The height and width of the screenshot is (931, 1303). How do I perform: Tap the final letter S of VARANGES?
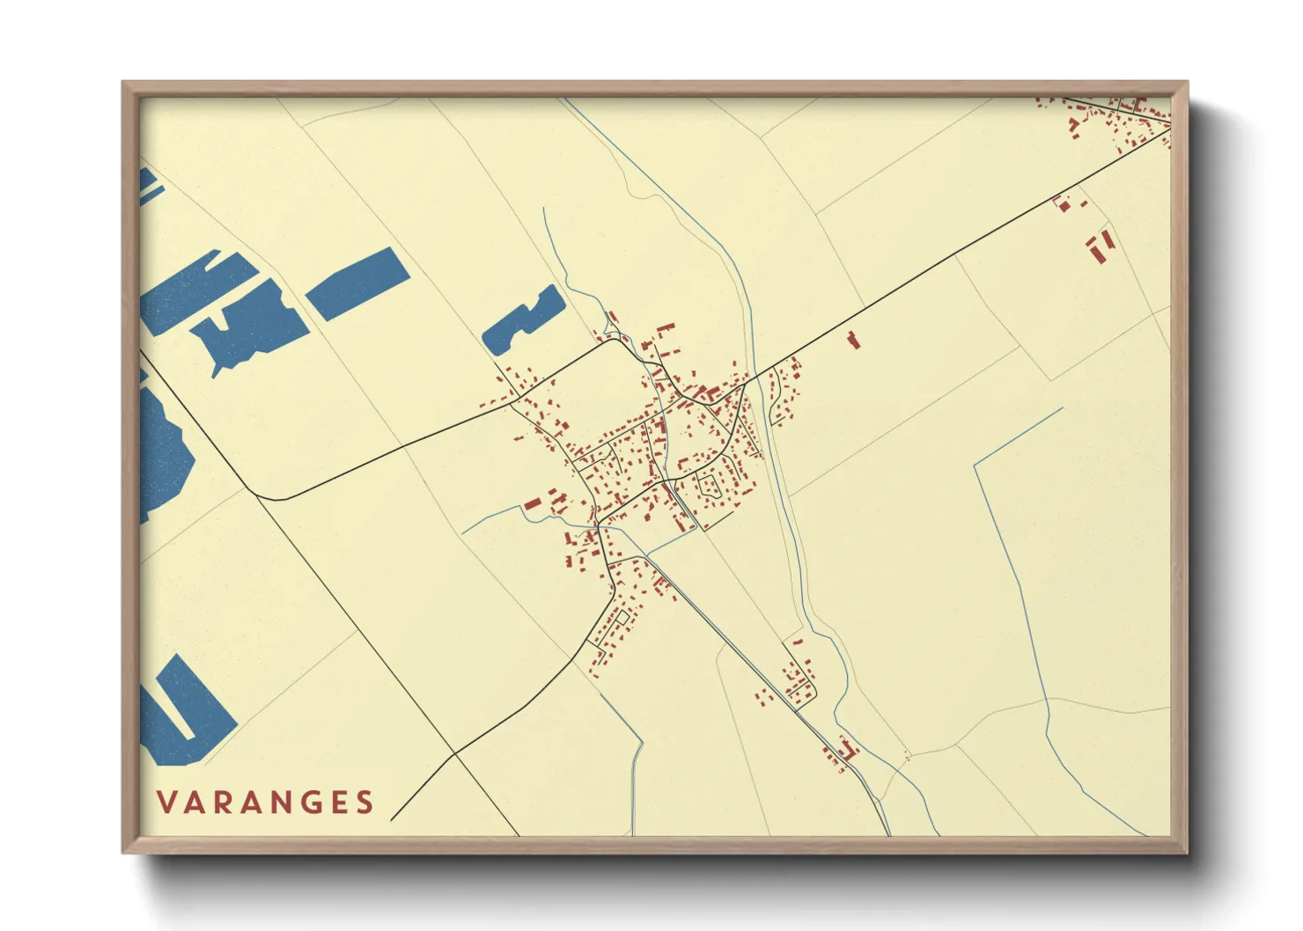(x=364, y=803)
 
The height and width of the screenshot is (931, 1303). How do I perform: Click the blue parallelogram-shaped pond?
(x=357, y=283)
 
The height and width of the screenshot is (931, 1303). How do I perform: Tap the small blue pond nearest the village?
(x=524, y=321)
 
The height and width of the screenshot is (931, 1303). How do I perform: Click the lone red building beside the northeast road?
(x=852, y=340)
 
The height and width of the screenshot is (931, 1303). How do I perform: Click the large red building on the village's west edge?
(x=532, y=504)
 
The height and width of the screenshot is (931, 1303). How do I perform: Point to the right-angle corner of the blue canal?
(x=975, y=464)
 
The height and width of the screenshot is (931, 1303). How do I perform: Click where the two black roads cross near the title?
(x=455, y=754)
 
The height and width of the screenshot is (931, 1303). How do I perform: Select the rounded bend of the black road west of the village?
(x=280, y=499)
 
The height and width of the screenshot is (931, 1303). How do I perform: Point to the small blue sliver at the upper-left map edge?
(x=148, y=185)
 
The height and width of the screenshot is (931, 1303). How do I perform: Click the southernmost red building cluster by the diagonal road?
(x=839, y=754)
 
